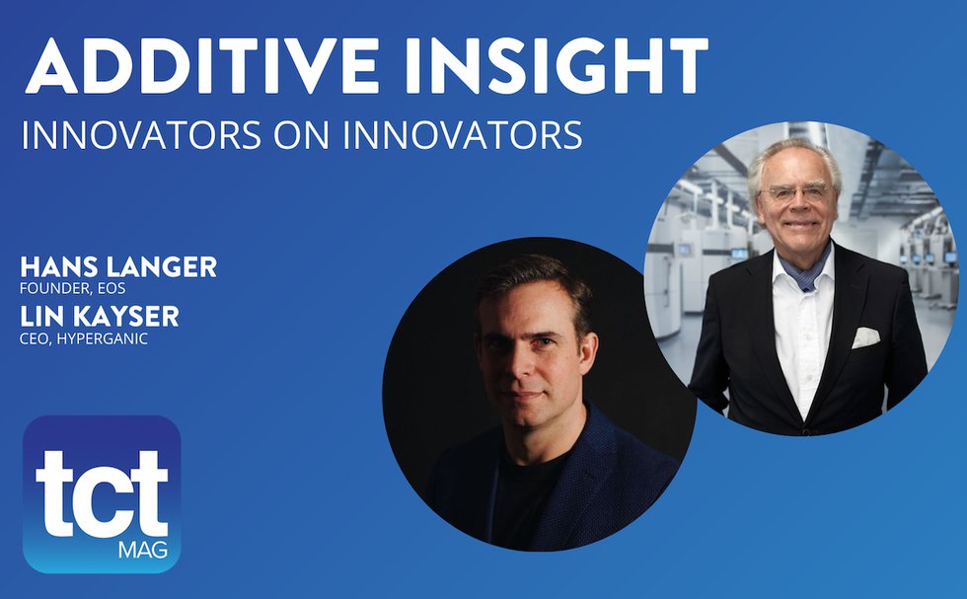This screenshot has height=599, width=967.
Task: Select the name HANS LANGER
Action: click(118, 267)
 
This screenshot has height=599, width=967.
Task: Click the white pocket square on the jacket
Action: click(864, 337)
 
